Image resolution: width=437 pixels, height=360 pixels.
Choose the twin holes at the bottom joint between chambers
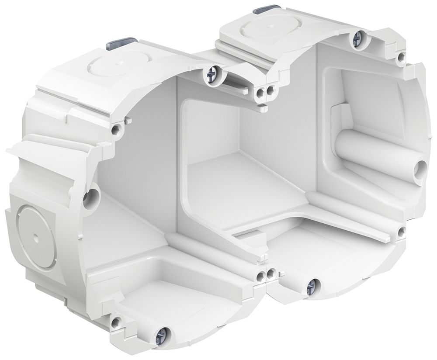(x=267, y=275)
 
